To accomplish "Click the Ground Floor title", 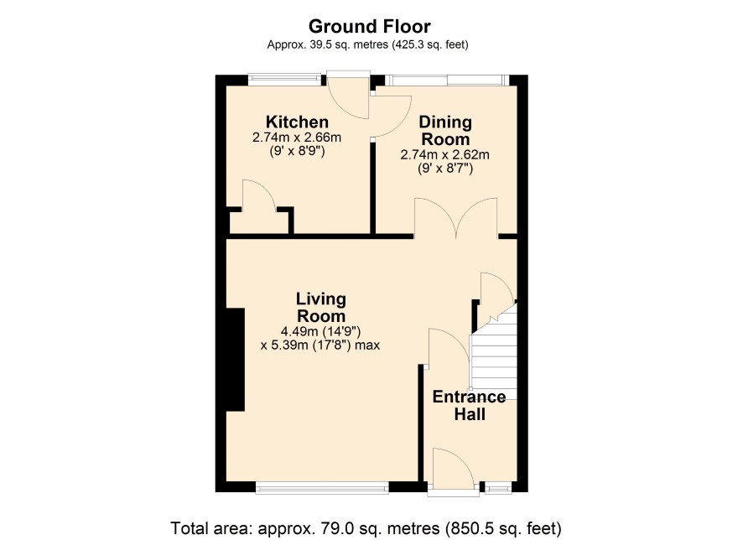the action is (x=370, y=27).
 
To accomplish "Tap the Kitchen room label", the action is (x=297, y=122).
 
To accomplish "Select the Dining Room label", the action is (x=445, y=131).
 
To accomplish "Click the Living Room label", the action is (x=321, y=308).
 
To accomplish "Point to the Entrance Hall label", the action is (x=469, y=406).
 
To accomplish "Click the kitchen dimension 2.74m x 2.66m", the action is (x=297, y=138).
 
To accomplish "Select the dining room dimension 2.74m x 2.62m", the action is (x=445, y=155).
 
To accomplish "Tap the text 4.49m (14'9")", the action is (x=320, y=331).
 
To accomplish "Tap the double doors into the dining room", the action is (x=456, y=217).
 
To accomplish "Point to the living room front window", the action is (x=322, y=487).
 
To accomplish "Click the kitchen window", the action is (x=284, y=79).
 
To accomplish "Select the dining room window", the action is (x=446, y=80).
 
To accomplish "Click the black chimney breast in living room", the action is (x=235, y=360).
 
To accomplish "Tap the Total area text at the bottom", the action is (x=366, y=527).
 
